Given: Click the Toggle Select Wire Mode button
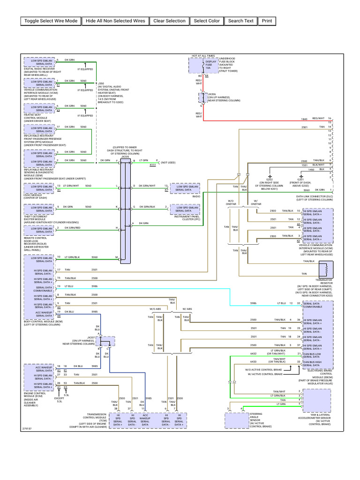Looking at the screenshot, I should [x=51, y=21].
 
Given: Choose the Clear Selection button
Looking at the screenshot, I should [x=169, y=21].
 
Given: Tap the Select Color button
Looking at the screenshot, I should [x=207, y=21].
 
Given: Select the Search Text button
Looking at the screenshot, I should [x=241, y=21].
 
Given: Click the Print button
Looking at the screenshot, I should [x=267, y=21].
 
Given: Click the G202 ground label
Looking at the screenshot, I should [x=270, y=179].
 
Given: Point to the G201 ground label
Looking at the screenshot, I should [x=300, y=179].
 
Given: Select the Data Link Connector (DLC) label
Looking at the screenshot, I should [x=315, y=197].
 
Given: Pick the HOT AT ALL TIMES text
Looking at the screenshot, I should [x=203, y=55].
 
